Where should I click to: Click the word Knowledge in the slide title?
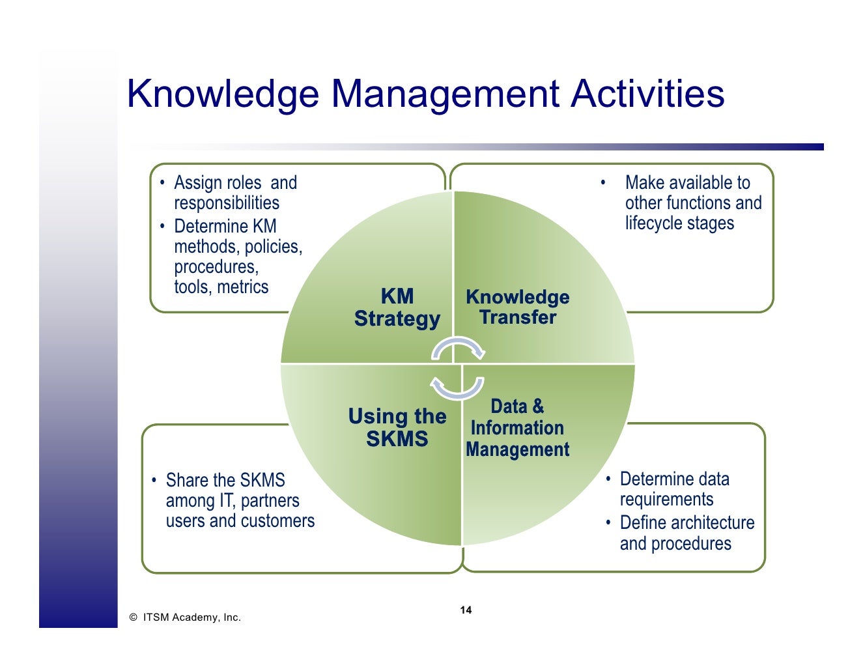[x=223, y=94]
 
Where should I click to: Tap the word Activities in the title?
[x=647, y=94]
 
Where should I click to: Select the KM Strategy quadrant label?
[x=397, y=307]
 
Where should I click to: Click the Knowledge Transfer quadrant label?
[x=518, y=307]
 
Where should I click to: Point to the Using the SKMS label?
[x=397, y=427]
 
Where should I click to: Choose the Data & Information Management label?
[x=518, y=428]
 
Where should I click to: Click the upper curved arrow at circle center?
[x=459, y=348]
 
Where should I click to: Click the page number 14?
[x=466, y=610]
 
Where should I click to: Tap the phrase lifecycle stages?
[x=679, y=223]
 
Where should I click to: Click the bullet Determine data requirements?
[x=673, y=489]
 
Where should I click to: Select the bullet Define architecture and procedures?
[x=686, y=533]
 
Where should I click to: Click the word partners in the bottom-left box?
[x=269, y=501]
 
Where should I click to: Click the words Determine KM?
[x=225, y=227]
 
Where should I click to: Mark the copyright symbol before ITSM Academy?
[x=133, y=617]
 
